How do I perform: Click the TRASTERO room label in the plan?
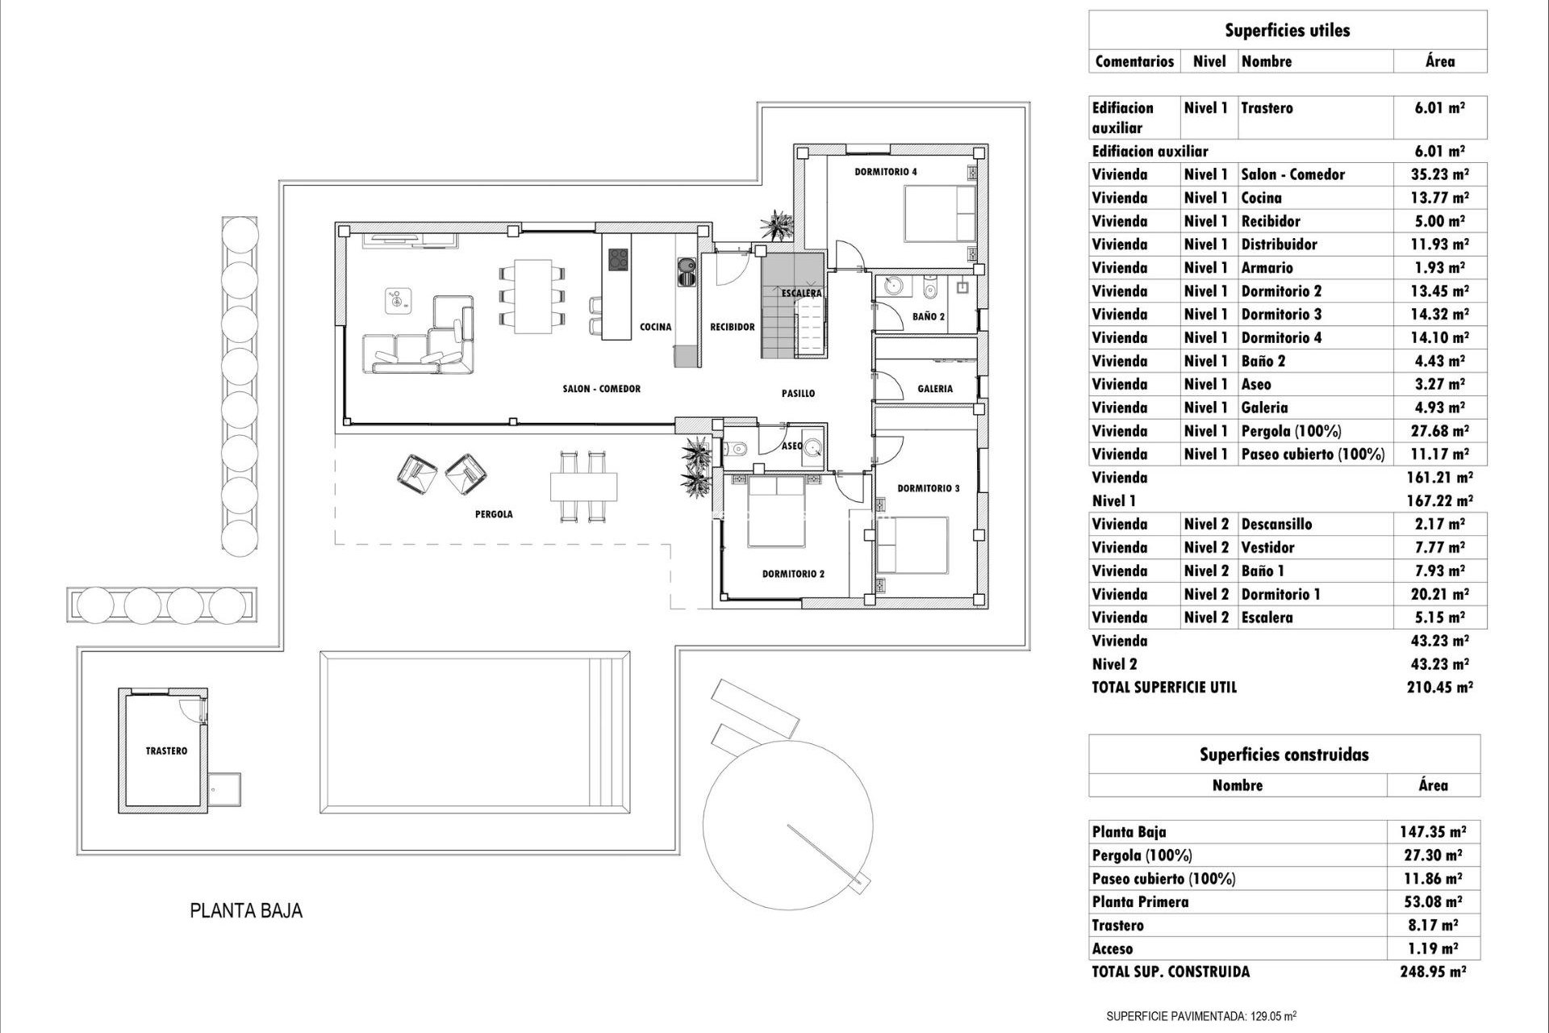pos(166,751)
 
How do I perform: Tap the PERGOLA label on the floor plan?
pos(494,514)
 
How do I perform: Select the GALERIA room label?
pos(935,388)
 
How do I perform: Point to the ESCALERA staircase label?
pos(801,293)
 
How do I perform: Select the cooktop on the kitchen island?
pos(618,259)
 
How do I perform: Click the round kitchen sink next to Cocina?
pos(687,266)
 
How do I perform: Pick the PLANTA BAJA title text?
pos(246,911)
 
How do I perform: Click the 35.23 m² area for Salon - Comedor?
pos(1441,174)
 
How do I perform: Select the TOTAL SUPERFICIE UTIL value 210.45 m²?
pos(1441,688)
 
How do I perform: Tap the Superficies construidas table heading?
pos(1284,755)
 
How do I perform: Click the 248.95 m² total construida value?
pos(1433,972)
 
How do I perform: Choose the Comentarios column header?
pos(1134,61)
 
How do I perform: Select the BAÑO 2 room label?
pos(929,316)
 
